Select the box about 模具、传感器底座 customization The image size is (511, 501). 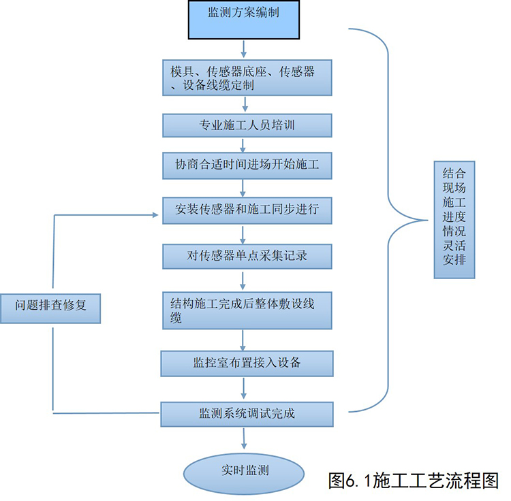click(247, 78)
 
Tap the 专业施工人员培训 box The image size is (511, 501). click(247, 125)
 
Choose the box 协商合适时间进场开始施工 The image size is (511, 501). click(247, 164)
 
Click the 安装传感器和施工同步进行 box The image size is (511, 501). click(247, 209)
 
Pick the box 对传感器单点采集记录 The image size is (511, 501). click(247, 256)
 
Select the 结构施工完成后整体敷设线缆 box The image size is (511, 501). click(247, 309)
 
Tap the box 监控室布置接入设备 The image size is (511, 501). click(247, 363)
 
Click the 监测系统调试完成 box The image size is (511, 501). click(247, 413)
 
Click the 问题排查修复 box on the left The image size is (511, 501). click(52, 306)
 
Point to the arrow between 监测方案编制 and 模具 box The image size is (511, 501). click(243, 48)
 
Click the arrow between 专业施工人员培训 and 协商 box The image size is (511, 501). click(245, 145)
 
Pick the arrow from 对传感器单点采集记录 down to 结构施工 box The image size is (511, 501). click(243, 280)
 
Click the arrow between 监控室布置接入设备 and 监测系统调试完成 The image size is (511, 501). click(244, 389)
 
